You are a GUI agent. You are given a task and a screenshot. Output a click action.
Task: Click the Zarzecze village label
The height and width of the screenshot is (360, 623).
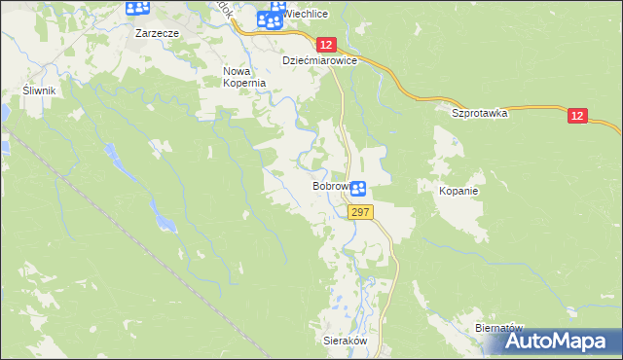tap(154, 31)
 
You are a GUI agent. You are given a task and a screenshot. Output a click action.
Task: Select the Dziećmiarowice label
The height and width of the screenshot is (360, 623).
tap(320, 60)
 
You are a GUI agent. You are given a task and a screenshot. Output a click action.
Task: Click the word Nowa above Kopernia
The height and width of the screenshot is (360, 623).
tap(238, 71)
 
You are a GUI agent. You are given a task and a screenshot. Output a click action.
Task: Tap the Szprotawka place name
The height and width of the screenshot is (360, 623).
tap(480, 113)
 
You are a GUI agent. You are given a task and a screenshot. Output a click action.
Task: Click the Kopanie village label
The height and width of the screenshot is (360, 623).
tap(458, 191)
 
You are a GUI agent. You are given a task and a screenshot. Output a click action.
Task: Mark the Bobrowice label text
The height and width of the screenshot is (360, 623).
tap(331, 185)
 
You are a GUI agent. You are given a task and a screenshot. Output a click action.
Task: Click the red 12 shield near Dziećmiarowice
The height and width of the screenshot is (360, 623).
tap(326, 45)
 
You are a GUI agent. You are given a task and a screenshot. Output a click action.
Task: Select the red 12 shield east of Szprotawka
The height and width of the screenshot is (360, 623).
tap(578, 116)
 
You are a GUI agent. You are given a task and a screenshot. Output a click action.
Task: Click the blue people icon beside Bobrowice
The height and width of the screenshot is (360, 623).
tap(358, 189)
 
